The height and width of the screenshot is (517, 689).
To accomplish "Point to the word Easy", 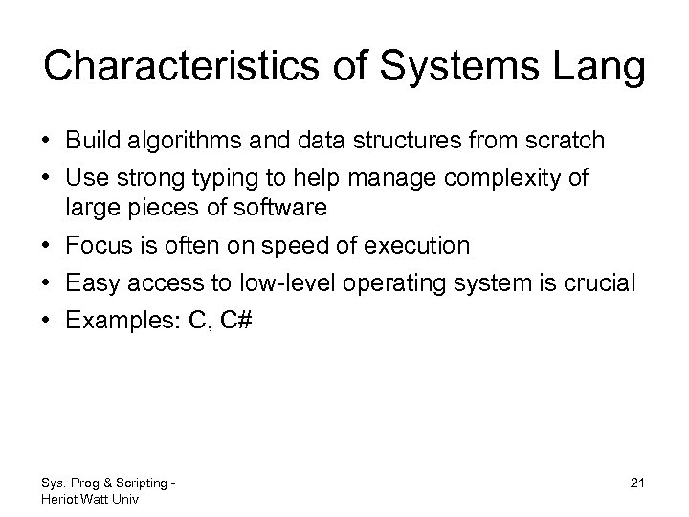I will coord(91,284).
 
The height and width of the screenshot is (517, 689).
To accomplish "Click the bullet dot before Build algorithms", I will coord(48,142).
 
